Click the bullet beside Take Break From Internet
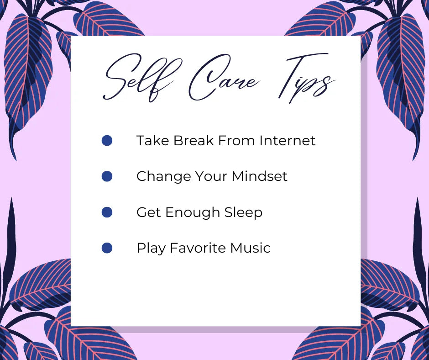pyautogui.click(x=107, y=140)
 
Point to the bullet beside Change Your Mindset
pyautogui.click(x=107, y=176)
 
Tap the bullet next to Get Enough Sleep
pyautogui.click(x=107, y=212)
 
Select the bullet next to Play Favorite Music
pyautogui.click(x=107, y=248)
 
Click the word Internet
pyautogui.click(x=287, y=140)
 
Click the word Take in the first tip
pyautogui.click(x=152, y=140)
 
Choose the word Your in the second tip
pyautogui.click(x=211, y=176)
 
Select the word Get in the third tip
pyautogui.click(x=148, y=212)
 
